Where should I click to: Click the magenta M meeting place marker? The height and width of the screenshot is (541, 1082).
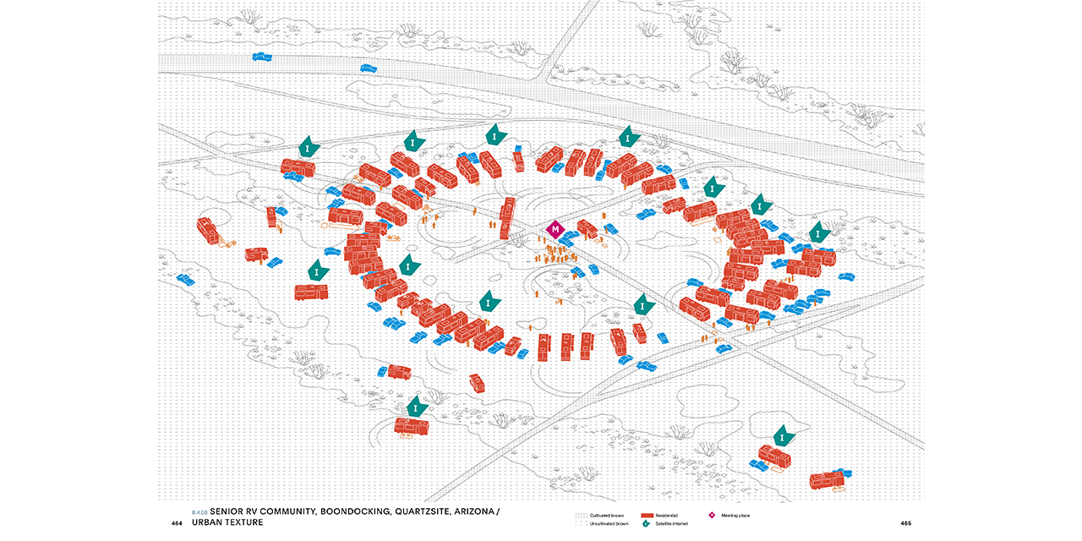tap(555, 228)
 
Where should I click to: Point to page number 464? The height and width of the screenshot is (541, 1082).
tap(177, 523)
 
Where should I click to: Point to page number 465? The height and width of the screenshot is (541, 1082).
tap(905, 523)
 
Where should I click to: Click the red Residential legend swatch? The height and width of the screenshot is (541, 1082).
tap(648, 515)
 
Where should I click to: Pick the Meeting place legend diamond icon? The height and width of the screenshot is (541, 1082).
tap(712, 515)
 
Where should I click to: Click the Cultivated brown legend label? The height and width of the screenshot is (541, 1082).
tap(606, 515)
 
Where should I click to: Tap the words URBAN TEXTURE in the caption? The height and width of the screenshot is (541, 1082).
tap(227, 522)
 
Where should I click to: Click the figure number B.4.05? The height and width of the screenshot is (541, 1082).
tap(199, 512)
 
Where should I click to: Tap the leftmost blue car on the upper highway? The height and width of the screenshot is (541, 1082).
tap(262, 57)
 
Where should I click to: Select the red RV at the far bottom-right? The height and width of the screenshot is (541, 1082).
tap(827, 480)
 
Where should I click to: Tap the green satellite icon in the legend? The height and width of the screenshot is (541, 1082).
tap(648, 524)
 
